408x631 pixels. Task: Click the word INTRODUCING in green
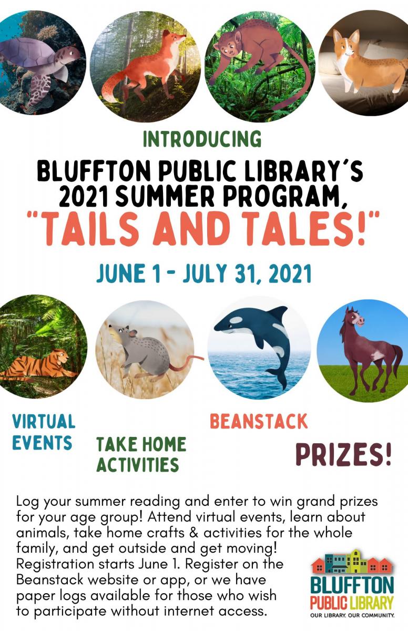click(202, 139)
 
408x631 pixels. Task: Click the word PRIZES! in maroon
click(343, 454)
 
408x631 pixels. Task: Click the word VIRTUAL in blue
click(44, 421)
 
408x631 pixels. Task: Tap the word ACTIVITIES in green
click(138, 464)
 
